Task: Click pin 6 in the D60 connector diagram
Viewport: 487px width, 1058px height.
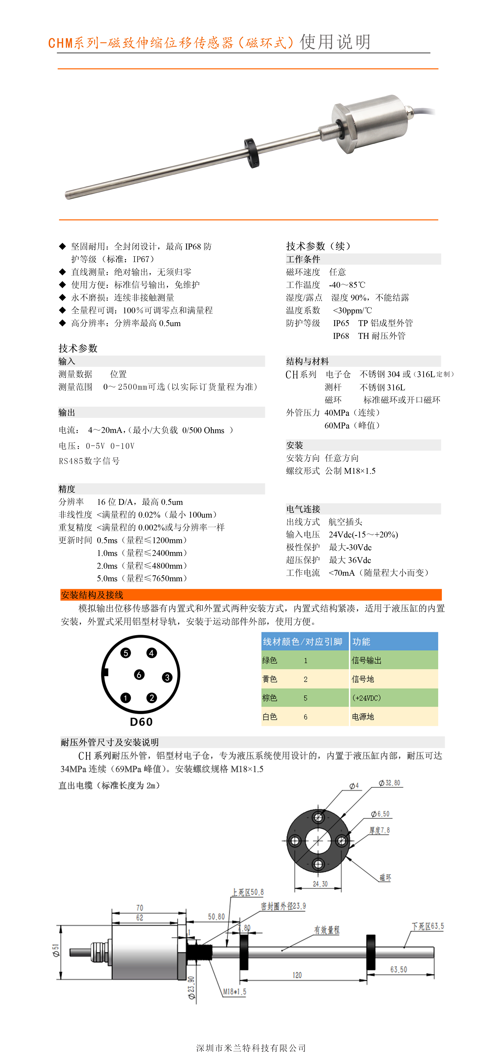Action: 139,674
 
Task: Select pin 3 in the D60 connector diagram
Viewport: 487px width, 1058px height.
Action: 167,677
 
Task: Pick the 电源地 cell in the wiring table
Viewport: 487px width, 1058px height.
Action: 363,717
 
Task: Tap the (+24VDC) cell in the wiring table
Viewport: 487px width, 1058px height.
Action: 366,698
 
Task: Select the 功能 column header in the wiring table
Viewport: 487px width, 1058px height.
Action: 361,642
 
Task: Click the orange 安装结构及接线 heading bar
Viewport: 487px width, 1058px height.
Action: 250,595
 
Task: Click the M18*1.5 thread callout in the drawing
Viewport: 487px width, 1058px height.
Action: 235,992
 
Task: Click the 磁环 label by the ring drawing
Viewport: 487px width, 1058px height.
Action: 385,878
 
